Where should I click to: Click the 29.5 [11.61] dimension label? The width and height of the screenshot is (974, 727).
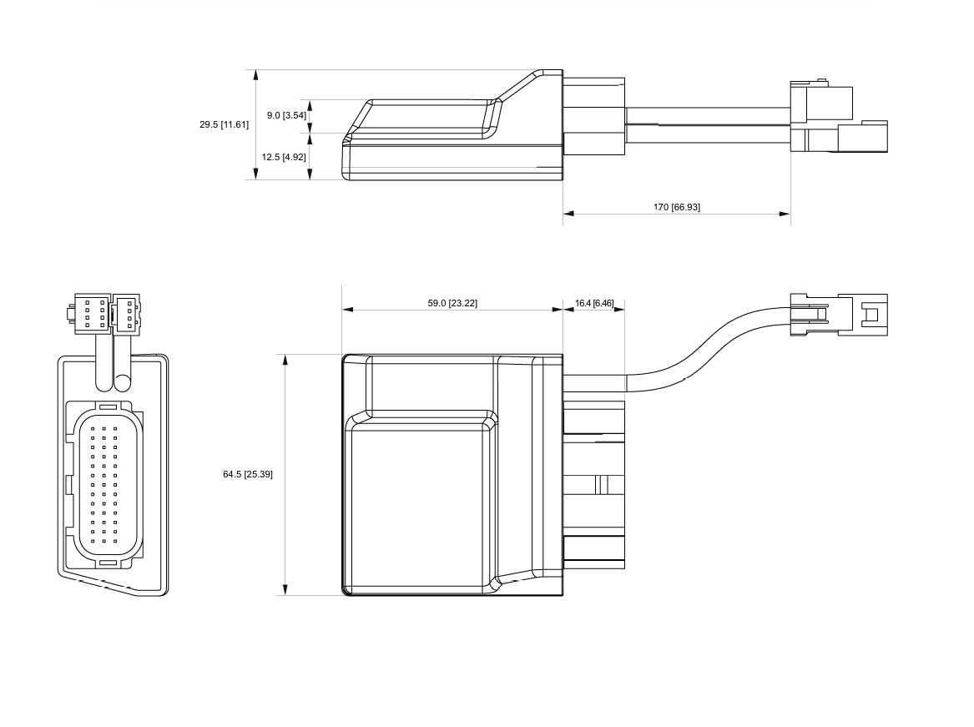224,125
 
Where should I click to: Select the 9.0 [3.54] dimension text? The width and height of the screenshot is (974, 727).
286,115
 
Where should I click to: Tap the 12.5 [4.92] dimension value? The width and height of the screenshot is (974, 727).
284,157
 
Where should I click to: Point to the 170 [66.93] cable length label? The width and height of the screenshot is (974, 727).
676,207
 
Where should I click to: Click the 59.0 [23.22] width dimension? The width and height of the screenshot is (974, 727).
452,303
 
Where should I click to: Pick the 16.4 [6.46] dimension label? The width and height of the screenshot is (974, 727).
594,303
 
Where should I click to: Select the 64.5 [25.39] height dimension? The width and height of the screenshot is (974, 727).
247,474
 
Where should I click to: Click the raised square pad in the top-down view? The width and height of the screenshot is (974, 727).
421,505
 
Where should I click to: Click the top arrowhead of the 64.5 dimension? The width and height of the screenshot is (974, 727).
285,360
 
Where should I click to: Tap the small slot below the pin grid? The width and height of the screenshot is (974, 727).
108,563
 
